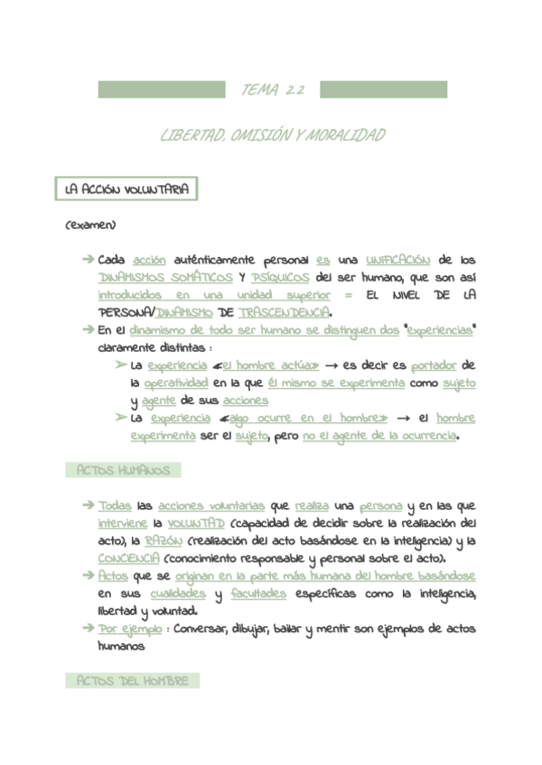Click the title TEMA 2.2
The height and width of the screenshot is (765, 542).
click(272, 90)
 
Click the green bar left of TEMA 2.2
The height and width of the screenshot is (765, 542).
click(161, 89)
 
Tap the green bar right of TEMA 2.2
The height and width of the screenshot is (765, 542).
click(383, 89)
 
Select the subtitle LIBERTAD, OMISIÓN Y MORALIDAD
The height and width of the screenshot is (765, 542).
click(272, 136)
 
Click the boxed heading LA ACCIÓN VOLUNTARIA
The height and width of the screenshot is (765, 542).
click(126, 190)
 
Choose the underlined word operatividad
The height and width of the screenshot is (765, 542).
click(176, 382)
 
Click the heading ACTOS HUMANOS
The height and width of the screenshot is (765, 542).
click(124, 471)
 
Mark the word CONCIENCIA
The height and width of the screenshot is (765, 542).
click(128, 558)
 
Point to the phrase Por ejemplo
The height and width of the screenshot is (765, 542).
click(130, 629)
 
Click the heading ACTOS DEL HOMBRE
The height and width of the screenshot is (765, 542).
click(132, 681)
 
